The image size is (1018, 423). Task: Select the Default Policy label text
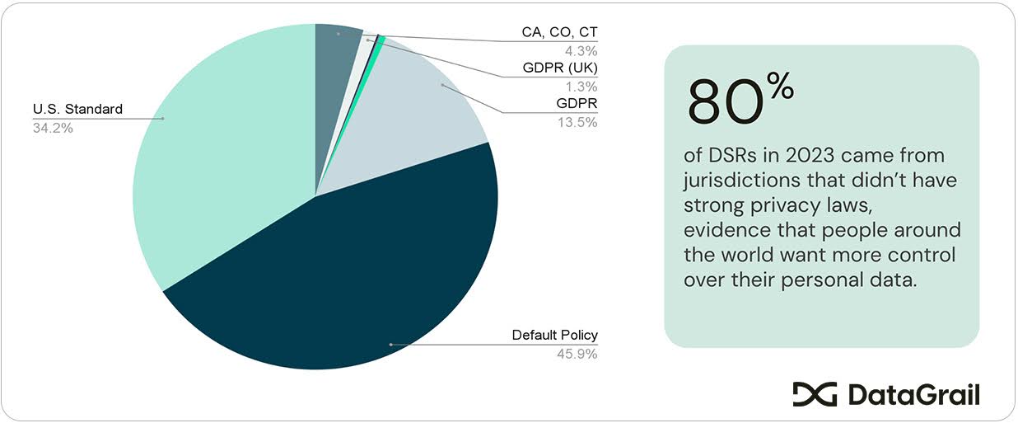point(554,335)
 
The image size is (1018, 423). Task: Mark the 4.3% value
point(581,50)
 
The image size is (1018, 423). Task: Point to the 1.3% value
point(581,86)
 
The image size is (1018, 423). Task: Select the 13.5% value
point(577,122)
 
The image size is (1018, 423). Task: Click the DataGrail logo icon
point(814,394)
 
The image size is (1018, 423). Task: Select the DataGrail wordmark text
point(913,395)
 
